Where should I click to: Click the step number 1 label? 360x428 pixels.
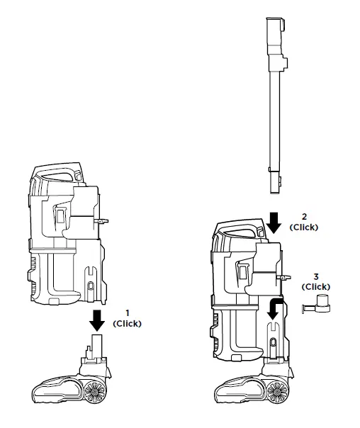(x=128, y=312)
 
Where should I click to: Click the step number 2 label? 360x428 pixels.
(x=305, y=215)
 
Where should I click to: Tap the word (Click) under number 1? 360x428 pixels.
(x=128, y=323)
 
